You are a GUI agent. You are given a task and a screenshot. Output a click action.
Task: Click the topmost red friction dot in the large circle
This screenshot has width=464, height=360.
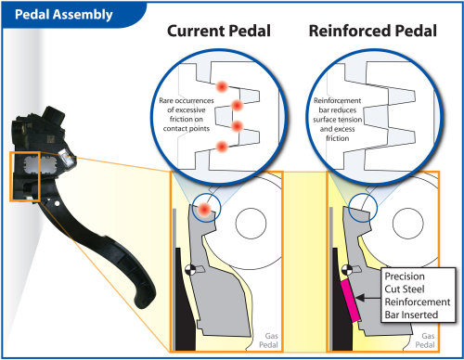(222, 84)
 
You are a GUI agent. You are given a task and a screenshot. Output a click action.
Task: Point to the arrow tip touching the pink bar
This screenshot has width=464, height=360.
(356, 295)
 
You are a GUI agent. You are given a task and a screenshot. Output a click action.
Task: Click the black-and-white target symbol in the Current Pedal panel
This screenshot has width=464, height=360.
(190, 270)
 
